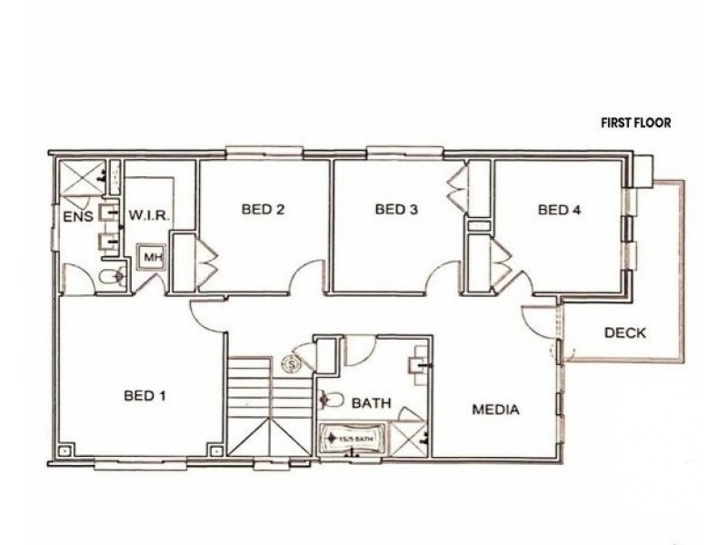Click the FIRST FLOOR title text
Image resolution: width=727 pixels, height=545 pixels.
pos(634,124)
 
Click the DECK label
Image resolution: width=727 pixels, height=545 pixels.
pos(625,332)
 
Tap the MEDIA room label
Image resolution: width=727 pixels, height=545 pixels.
pos(495,410)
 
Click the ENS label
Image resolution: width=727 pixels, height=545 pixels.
pos(76,216)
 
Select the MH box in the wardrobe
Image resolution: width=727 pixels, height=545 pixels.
pos(151,258)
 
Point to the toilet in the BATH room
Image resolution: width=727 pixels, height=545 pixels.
pos(331,399)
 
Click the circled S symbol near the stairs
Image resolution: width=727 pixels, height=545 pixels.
pos(293,363)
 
